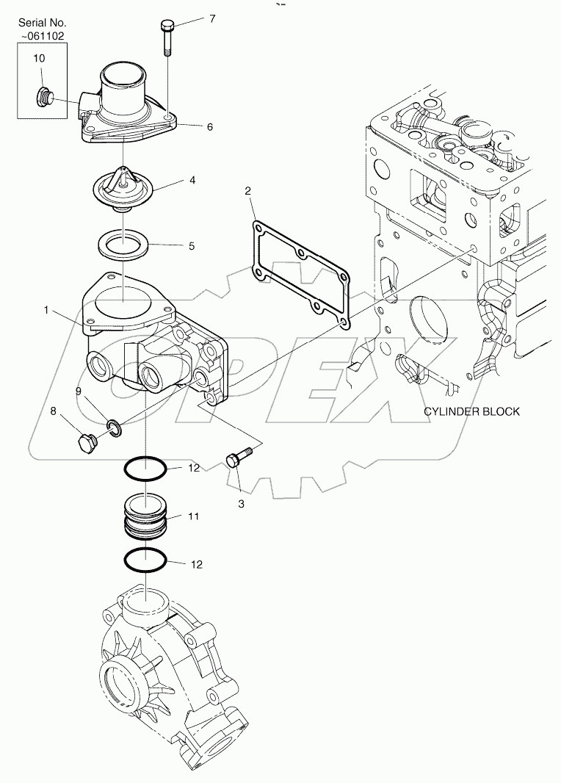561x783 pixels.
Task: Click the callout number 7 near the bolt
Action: click(x=212, y=18)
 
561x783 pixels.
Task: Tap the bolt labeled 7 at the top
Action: click(x=166, y=37)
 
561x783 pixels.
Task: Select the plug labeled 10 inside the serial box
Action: click(x=43, y=95)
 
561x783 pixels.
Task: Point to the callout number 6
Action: click(x=209, y=127)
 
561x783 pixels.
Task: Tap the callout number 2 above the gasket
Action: click(x=248, y=192)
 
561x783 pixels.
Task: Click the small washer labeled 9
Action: click(x=115, y=425)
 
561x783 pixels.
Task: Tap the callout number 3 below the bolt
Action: click(x=240, y=505)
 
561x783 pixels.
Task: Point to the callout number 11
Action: click(x=193, y=517)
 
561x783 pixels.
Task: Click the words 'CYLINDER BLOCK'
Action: click(x=471, y=411)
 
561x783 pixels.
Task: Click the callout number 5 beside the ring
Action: click(x=192, y=246)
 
